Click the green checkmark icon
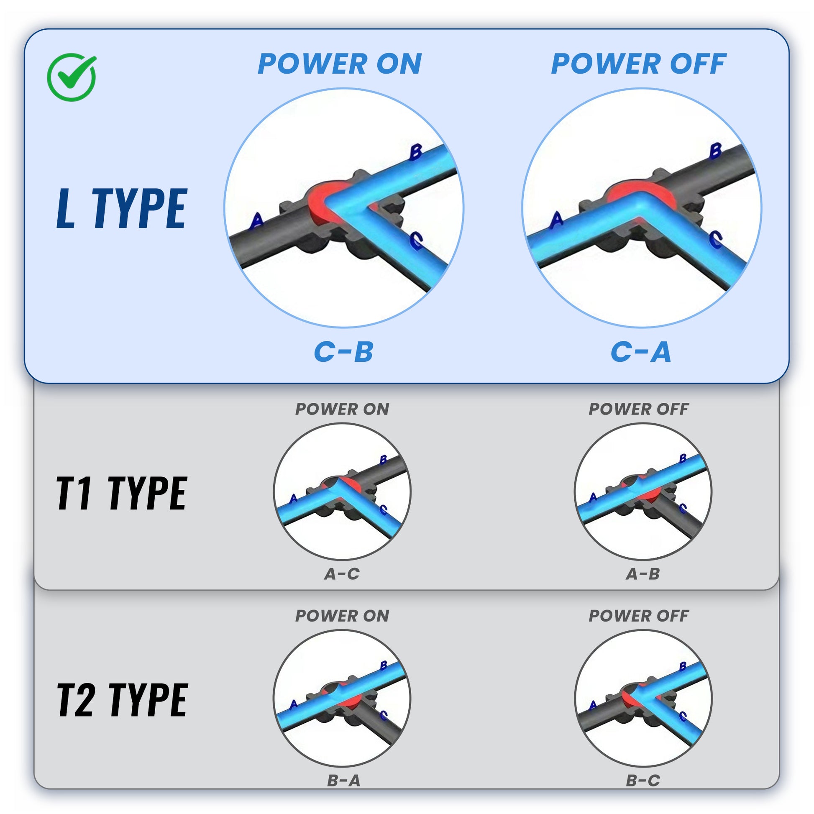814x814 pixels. coord(72,77)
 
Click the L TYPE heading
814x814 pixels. coord(122,209)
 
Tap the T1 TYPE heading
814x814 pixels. coord(122,493)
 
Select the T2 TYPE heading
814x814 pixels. coord(122,700)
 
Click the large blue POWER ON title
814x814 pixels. coord(340,64)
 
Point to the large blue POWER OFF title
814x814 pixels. coord(639,64)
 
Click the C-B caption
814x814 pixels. coord(344,352)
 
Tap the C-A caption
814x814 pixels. coord(641,352)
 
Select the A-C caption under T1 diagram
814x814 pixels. coord(342,574)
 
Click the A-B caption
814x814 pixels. coord(643,574)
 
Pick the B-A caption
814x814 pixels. coord(344,781)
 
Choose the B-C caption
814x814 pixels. coord(643,781)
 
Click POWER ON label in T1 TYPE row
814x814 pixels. coord(342,409)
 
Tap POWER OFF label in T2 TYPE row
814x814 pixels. coord(639,616)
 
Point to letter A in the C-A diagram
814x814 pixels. coord(557,219)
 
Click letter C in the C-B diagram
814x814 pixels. coord(416,241)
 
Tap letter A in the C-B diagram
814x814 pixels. coord(256,220)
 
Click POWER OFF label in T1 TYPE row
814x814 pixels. coord(639,409)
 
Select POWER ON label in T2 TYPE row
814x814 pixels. coord(342,616)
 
